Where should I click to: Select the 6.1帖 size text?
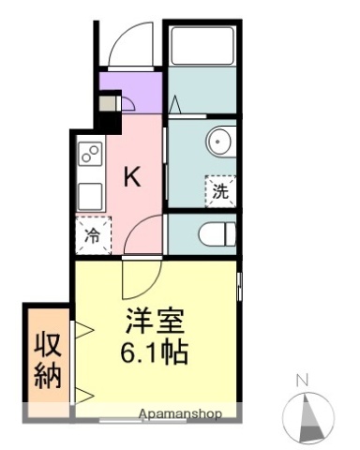pyautogui.click(x=154, y=354)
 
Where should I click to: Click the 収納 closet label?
pyautogui.click(x=48, y=360)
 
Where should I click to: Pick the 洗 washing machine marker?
pyautogui.click(x=219, y=191)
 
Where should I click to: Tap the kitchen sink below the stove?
pyautogui.click(x=90, y=196)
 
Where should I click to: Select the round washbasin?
pyautogui.click(x=217, y=142)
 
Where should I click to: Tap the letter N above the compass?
pyautogui.click(x=303, y=380)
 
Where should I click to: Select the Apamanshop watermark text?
pyautogui.click(x=181, y=413)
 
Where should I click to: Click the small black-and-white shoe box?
pyautogui.click(x=110, y=101)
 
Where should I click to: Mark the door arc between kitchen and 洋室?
pyautogui.click(x=142, y=240)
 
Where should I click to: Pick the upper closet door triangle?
pyautogui.click(x=82, y=329)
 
